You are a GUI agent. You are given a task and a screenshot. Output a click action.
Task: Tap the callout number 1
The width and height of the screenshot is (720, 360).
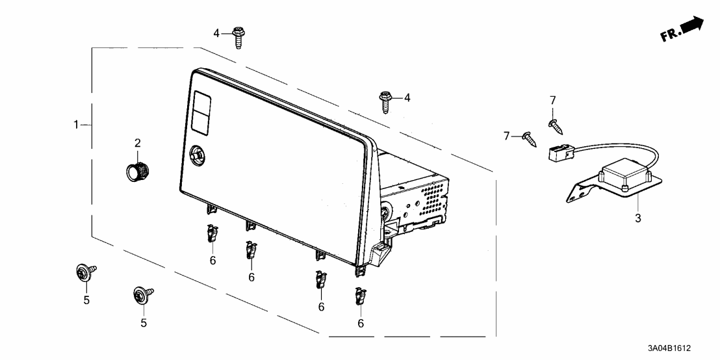click(x=76, y=124)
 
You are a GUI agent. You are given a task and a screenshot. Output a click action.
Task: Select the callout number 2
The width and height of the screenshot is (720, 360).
click(x=138, y=143)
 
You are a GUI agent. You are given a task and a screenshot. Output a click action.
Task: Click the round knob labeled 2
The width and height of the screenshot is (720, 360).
click(x=137, y=172)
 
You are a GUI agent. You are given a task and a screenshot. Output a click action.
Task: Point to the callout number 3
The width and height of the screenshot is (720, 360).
click(x=637, y=218)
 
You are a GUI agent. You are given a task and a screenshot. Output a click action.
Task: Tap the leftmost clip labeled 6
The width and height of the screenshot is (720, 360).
click(x=212, y=232)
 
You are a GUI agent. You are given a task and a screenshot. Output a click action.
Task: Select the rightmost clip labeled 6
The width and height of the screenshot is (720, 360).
click(x=359, y=297)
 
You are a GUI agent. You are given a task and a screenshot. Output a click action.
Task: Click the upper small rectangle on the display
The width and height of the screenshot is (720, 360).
click(x=201, y=100)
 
